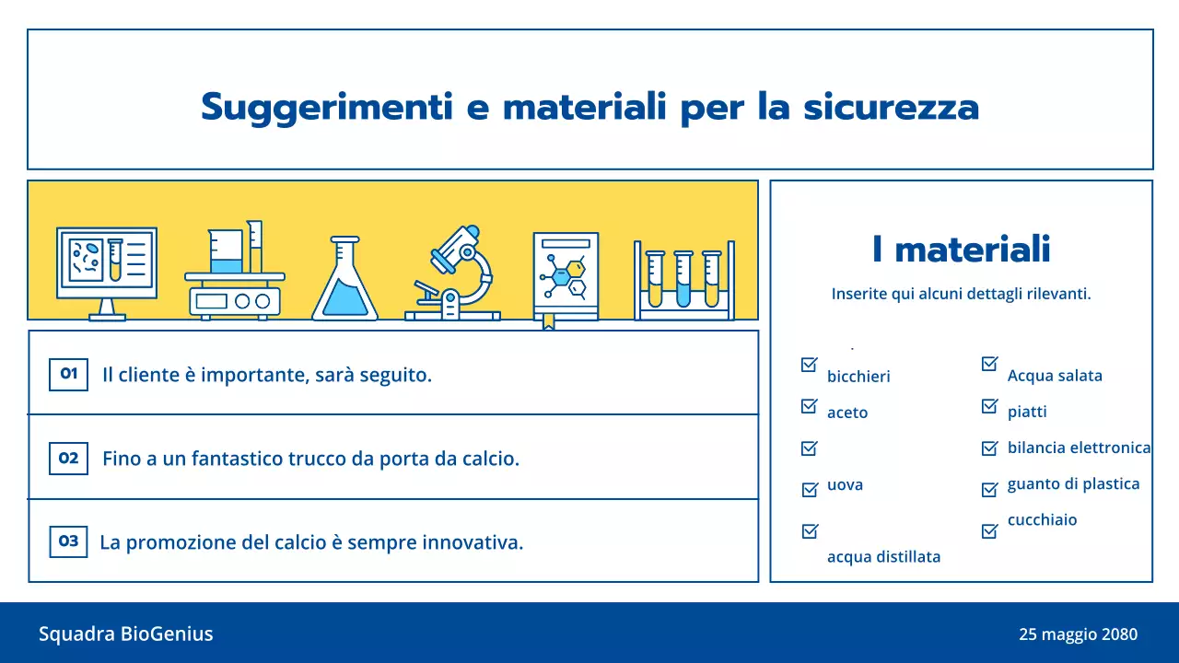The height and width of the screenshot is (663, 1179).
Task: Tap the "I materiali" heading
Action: tap(961, 250)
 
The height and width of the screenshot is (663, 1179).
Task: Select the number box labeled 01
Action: tap(68, 375)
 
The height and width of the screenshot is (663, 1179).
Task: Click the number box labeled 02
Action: tap(68, 459)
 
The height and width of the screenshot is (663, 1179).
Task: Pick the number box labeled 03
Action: tap(68, 541)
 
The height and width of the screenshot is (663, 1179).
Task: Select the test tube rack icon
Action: tap(683, 279)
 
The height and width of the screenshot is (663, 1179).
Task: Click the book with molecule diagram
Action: tap(565, 277)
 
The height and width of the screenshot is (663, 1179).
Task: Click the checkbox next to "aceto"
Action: tap(810, 406)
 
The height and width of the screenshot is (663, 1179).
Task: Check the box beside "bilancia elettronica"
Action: tap(990, 448)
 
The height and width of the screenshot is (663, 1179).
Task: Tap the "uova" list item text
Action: tap(845, 485)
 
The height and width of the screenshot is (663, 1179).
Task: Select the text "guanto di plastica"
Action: tap(1073, 484)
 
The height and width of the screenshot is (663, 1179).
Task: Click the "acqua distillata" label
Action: tap(883, 557)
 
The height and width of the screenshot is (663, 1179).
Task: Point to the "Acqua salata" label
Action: tap(1055, 376)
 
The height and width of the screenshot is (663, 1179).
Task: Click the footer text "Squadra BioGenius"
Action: tap(125, 634)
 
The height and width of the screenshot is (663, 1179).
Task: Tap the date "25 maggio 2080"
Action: tap(1078, 634)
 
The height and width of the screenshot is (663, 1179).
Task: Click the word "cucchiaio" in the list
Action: tap(1042, 520)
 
